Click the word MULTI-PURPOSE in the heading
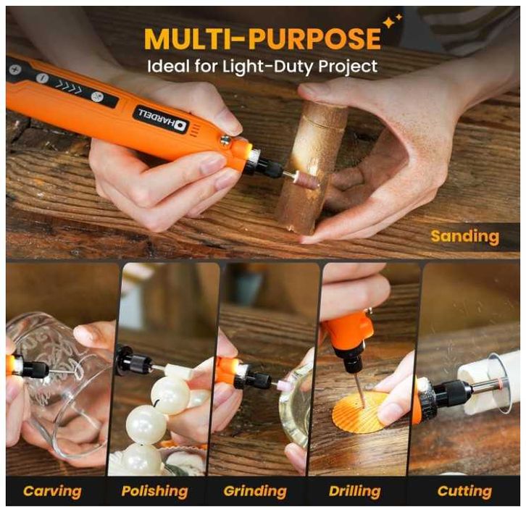tap(262, 38)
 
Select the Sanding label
tap(465, 237)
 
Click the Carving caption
tap(52, 492)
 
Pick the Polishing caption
tap(154, 492)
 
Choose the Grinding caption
tap(255, 492)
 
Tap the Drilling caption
tap(354, 492)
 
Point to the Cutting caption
tap(464, 492)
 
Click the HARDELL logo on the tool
tap(162, 120)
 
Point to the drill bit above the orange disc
tap(359, 390)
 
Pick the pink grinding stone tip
tap(283, 383)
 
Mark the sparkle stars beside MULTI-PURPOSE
tap(392, 21)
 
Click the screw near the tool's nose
tap(225, 140)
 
